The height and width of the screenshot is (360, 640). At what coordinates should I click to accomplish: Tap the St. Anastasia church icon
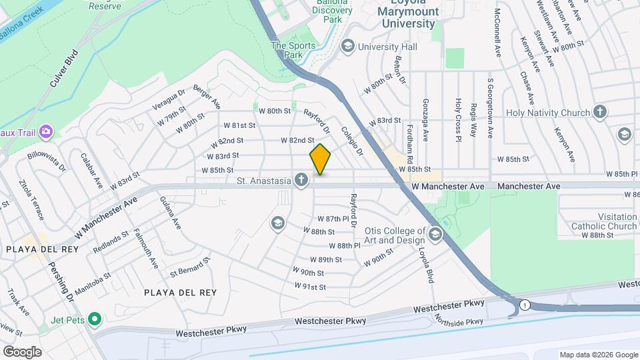[302, 180]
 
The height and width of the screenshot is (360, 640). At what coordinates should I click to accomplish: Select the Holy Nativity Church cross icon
[600, 113]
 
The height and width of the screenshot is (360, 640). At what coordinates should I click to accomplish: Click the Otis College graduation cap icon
[435, 235]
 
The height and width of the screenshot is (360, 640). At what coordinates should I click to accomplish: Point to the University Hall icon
[347, 47]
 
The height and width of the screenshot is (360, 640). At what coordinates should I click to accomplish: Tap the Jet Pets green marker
[94, 320]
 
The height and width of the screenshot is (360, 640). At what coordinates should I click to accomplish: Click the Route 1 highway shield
[525, 305]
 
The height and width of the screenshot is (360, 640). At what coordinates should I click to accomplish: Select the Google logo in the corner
[22, 351]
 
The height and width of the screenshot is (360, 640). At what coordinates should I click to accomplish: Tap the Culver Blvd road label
[63, 69]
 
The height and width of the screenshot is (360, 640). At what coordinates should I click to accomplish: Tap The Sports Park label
[287, 50]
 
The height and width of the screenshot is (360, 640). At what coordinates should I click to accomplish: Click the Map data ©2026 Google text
[598, 354]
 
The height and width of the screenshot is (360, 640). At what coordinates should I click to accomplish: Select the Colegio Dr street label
[351, 141]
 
